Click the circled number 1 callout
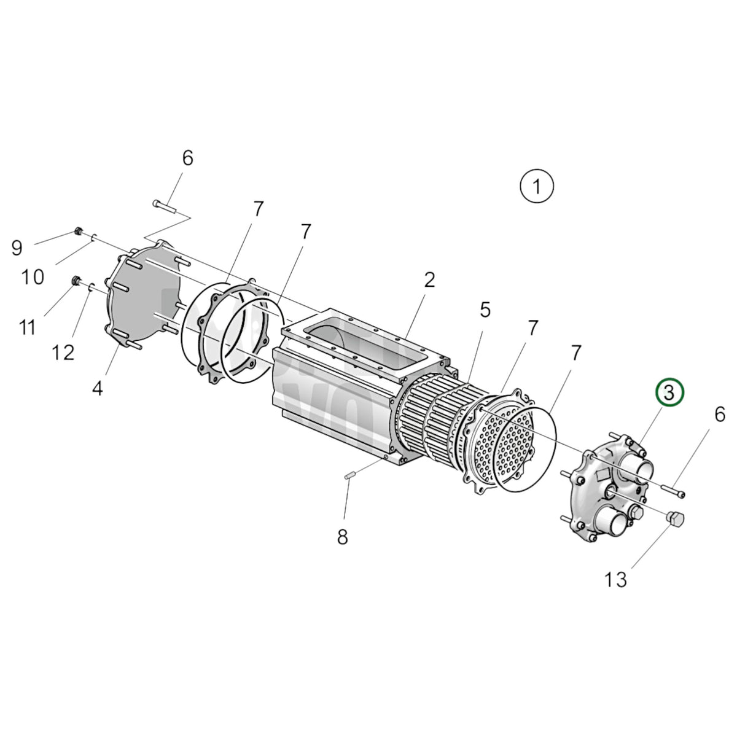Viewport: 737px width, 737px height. [x=537, y=187]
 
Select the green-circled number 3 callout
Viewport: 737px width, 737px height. [x=669, y=392]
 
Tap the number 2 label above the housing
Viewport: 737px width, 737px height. [x=429, y=280]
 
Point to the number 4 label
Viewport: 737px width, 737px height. [x=98, y=389]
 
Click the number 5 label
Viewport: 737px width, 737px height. [x=485, y=310]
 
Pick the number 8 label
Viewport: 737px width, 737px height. [x=342, y=537]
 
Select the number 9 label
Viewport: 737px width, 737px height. [x=17, y=248]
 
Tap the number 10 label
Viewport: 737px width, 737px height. [x=33, y=277]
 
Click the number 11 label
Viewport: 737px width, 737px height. [x=28, y=328]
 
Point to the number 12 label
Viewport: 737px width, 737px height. [x=63, y=353]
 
